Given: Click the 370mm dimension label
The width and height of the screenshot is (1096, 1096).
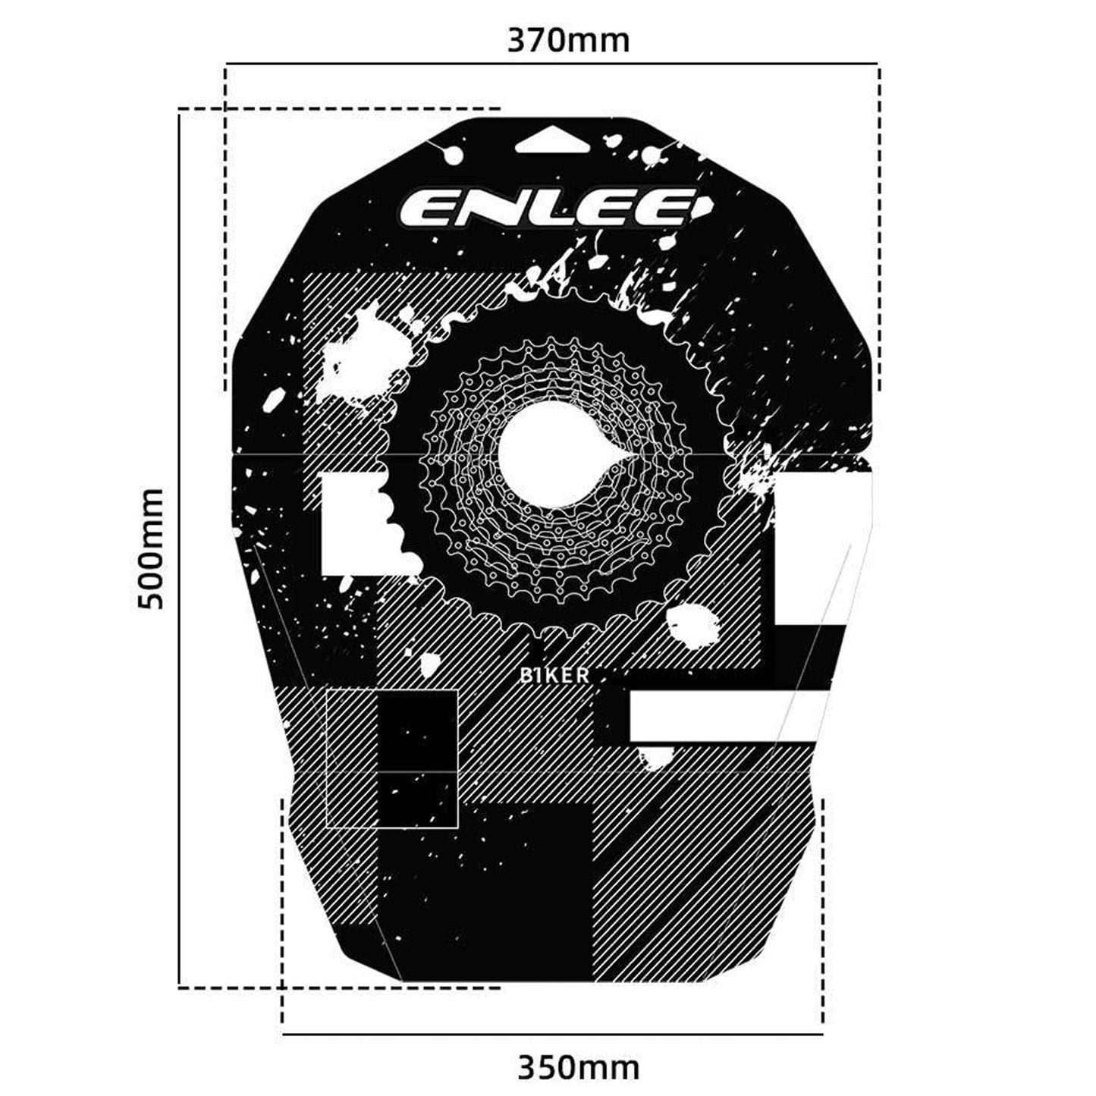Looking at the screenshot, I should pyautogui.click(x=568, y=40).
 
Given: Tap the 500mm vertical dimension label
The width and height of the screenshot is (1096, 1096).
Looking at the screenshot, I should pyautogui.click(x=151, y=548).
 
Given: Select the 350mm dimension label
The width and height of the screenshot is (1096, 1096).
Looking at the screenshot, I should pyautogui.click(x=578, y=1067).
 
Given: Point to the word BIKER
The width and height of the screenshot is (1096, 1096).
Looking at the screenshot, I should pyautogui.click(x=554, y=675).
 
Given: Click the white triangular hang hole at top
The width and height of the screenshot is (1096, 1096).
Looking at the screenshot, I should pyautogui.click(x=551, y=142).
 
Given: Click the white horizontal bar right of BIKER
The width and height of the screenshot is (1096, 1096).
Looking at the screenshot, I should pyautogui.click(x=721, y=715).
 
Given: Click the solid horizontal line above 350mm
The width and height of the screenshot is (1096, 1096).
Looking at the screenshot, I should pyautogui.click(x=552, y=1034).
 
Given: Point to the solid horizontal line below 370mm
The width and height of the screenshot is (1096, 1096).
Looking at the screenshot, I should pyautogui.click(x=551, y=64).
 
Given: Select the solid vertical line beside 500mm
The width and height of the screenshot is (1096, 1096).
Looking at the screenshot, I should pyautogui.click(x=179, y=548).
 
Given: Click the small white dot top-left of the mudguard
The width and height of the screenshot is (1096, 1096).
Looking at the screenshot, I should pyautogui.click(x=454, y=155).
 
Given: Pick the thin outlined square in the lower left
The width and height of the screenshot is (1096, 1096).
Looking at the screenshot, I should pyautogui.click(x=391, y=758).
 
